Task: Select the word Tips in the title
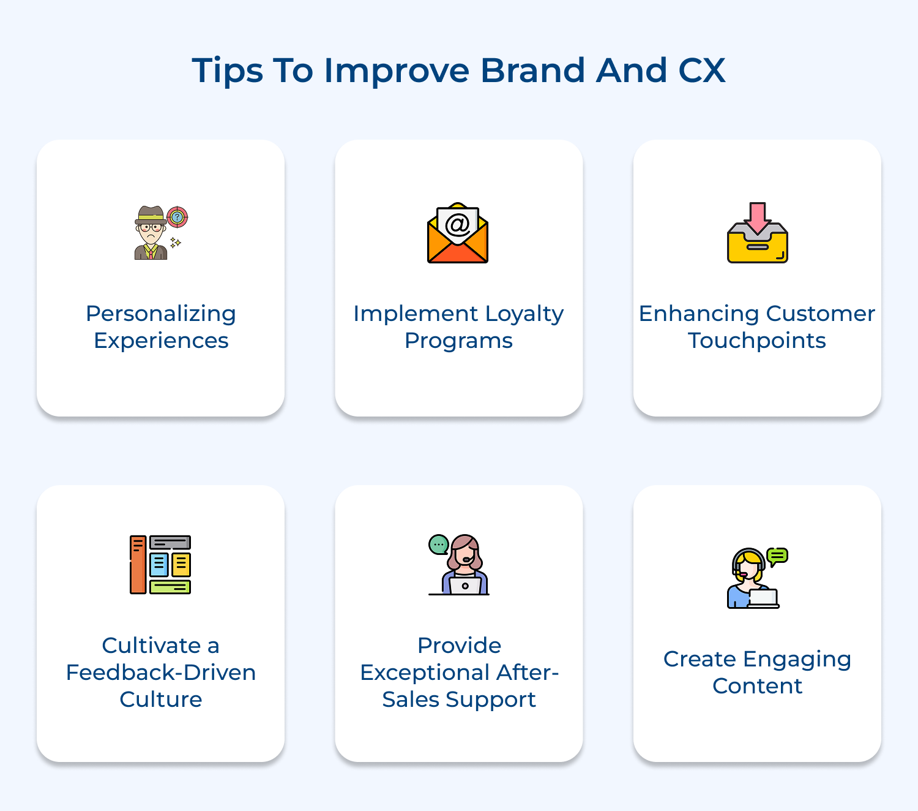[227, 71]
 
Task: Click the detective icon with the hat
[151, 233]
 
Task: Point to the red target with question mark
[177, 216]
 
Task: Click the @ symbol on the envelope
[458, 224]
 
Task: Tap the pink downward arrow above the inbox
[758, 216]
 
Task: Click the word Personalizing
[161, 314]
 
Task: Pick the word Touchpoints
[757, 341]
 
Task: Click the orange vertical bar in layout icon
[138, 565]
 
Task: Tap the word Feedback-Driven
[161, 673]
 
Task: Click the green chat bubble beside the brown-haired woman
[438, 544]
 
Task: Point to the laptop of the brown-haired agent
[465, 586]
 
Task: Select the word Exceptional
[425, 673]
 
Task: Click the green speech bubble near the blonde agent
[777, 556]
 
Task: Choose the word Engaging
[797, 660]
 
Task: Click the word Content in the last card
[757, 686]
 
